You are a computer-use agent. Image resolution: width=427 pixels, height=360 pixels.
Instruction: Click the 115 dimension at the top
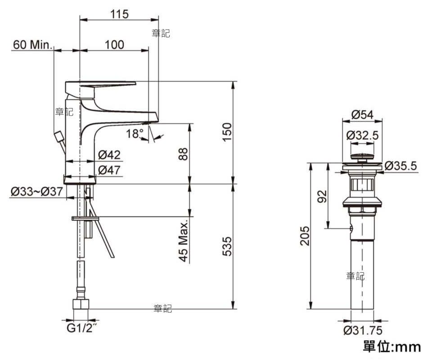(x=119, y=14)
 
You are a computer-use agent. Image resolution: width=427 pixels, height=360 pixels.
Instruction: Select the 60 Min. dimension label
(x=33, y=45)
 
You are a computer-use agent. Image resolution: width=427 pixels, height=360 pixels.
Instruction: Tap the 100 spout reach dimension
(x=114, y=45)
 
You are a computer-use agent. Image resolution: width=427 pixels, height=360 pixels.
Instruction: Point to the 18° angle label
(x=135, y=134)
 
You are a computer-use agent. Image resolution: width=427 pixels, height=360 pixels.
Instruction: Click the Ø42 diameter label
(x=109, y=155)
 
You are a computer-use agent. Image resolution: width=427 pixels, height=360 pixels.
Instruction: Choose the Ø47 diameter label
(x=109, y=170)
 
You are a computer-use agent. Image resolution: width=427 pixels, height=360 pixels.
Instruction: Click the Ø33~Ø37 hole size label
(x=37, y=191)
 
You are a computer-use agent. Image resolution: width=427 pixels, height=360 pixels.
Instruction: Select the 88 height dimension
(x=183, y=154)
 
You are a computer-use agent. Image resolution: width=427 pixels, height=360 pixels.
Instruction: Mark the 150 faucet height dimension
(x=227, y=132)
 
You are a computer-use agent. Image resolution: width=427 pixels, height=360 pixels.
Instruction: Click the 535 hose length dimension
(x=227, y=247)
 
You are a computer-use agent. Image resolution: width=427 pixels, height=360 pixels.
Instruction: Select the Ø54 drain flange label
(x=363, y=115)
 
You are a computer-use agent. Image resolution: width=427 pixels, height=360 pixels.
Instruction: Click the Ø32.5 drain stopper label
(x=363, y=135)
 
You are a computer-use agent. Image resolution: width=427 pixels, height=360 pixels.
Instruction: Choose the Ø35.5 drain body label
(x=400, y=166)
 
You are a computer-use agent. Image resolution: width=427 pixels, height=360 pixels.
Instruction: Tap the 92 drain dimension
(x=322, y=196)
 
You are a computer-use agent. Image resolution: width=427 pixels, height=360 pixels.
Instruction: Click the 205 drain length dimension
(x=305, y=236)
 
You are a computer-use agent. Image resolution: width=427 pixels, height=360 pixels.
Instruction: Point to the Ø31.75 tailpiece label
(x=363, y=330)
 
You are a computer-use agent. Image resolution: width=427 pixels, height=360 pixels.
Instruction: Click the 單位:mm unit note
(x=391, y=346)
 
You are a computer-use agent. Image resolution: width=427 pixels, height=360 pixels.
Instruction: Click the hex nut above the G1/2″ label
(x=81, y=304)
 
